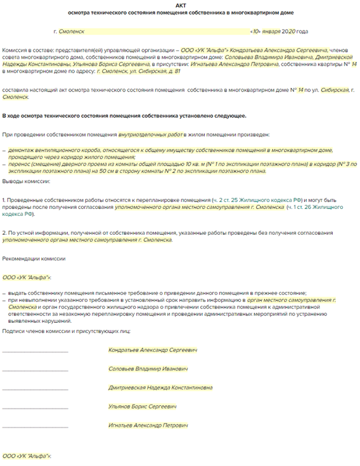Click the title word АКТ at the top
tap(179, 5)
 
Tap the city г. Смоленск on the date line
tap(72, 31)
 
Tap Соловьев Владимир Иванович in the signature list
tap(148, 369)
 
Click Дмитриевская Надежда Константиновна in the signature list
tap(160, 388)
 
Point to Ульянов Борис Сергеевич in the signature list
tap(143, 406)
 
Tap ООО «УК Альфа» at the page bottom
tap(27, 457)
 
